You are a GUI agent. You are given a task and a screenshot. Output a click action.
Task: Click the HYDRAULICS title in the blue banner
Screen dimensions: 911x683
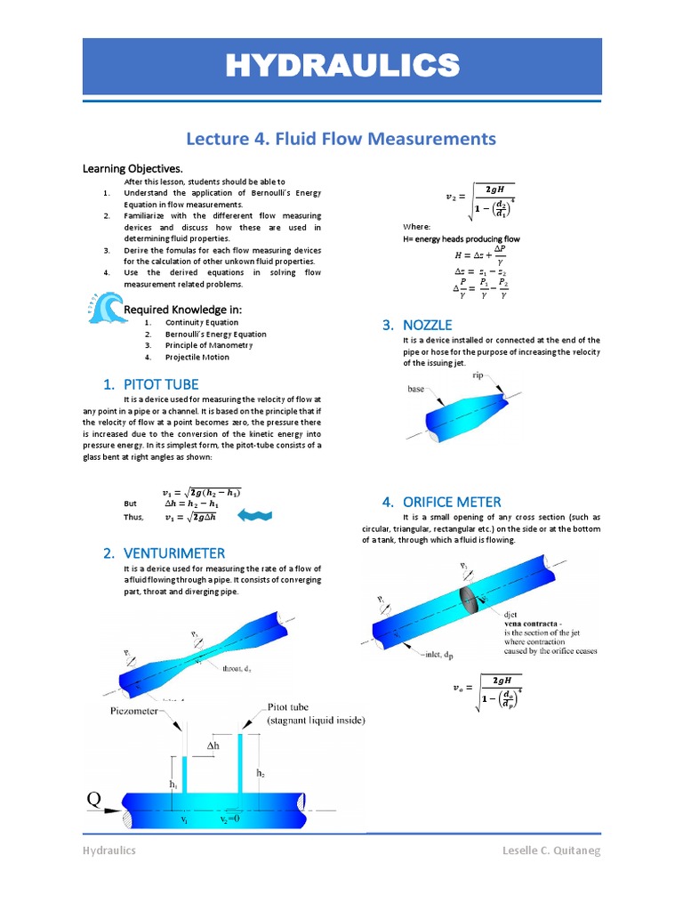point(341,66)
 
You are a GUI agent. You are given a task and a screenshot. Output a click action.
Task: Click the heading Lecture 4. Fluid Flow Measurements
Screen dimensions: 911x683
point(341,138)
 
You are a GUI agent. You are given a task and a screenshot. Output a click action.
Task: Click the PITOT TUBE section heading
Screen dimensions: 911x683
point(150,384)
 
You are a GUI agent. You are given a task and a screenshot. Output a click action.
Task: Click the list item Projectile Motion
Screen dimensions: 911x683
point(197,357)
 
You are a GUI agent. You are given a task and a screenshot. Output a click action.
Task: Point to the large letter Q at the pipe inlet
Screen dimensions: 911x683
point(93,799)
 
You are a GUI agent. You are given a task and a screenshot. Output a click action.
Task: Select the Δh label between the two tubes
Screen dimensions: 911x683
point(213,744)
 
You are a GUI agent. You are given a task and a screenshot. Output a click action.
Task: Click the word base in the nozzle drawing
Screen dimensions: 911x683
point(416,389)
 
